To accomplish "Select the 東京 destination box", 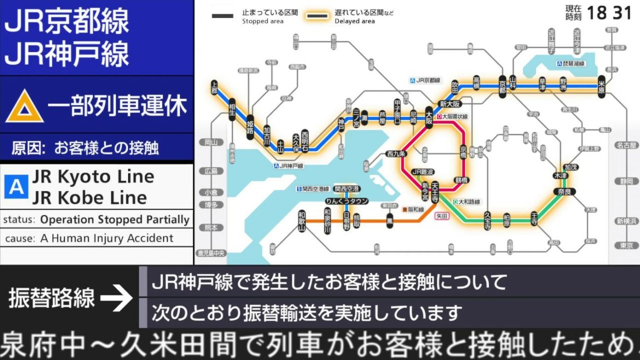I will [x=626, y=246].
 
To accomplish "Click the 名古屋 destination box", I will [x=626, y=146].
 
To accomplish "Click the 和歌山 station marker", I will [x=301, y=221].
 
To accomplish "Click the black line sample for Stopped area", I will [x=223, y=16].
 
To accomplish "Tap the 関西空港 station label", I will [x=347, y=189].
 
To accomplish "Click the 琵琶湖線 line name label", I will [x=574, y=63].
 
